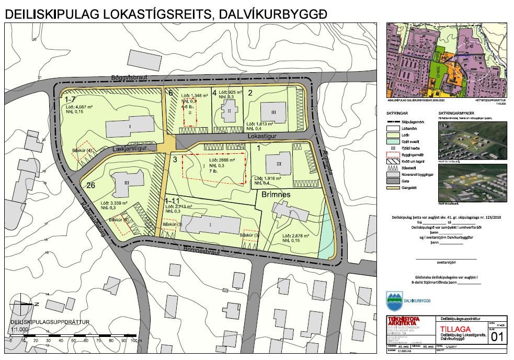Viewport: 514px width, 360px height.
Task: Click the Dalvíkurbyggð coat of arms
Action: click(394, 300)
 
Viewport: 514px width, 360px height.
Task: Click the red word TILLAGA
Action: click(452, 329)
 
